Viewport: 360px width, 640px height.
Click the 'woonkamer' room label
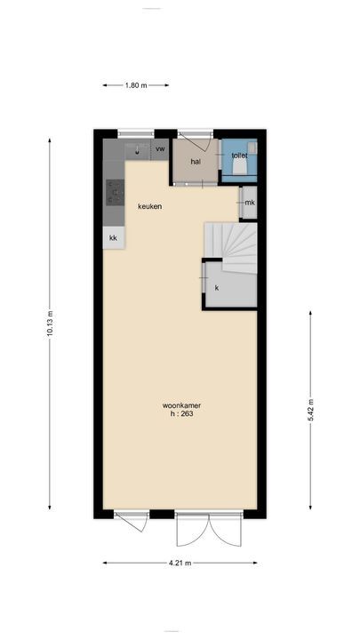click(181, 405)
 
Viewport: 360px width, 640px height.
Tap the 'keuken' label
click(150, 206)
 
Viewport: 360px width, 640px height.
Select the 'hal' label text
click(196, 162)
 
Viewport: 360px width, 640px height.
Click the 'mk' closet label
click(250, 203)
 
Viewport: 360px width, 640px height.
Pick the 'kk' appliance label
click(113, 237)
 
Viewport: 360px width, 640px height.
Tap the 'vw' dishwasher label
click(160, 149)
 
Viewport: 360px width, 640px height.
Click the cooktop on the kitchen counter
click(115, 192)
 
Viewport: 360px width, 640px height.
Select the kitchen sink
click(138, 150)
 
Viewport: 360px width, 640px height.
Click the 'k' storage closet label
click(217, 288)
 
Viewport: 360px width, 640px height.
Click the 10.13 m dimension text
click(50, 324)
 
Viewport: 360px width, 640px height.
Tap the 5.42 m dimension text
click(310, 410)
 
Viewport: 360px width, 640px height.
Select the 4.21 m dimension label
click(180, 563)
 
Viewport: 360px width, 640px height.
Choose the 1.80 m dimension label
click(136, 85)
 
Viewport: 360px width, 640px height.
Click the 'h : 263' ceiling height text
click(181, 413)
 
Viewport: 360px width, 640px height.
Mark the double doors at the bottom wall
click(209, 530)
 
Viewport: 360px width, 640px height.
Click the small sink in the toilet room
click(252, 148)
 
